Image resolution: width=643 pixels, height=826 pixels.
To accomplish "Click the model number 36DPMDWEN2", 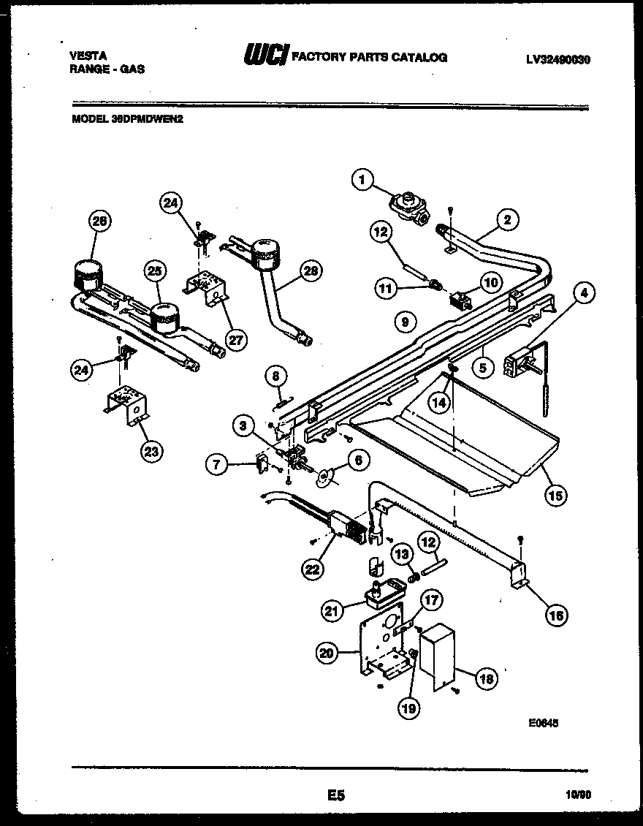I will coord(127,121).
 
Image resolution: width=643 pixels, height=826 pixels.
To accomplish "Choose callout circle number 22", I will coord(313,567).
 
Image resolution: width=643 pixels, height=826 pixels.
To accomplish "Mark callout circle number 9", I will coord(403,319).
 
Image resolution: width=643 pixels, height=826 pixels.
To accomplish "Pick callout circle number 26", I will coord(102,221).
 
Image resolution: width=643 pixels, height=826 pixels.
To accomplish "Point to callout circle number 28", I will coord(311,270).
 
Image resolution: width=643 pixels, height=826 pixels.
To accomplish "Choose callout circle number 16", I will coord(558,615).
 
